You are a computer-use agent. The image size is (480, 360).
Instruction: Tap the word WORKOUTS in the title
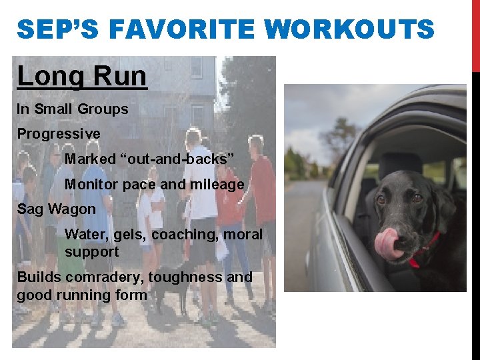coord(349,30)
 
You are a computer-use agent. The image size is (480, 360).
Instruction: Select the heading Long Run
coord(82,77)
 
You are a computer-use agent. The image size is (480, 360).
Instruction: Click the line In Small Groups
coord(73,109)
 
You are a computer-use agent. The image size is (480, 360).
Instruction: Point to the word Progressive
coord(59,134)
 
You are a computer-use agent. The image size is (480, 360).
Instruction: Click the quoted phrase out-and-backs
coord(150,159)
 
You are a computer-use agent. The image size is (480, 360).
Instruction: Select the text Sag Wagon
coord(57,209)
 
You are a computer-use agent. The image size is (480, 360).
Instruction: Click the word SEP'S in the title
coord(59,30)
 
